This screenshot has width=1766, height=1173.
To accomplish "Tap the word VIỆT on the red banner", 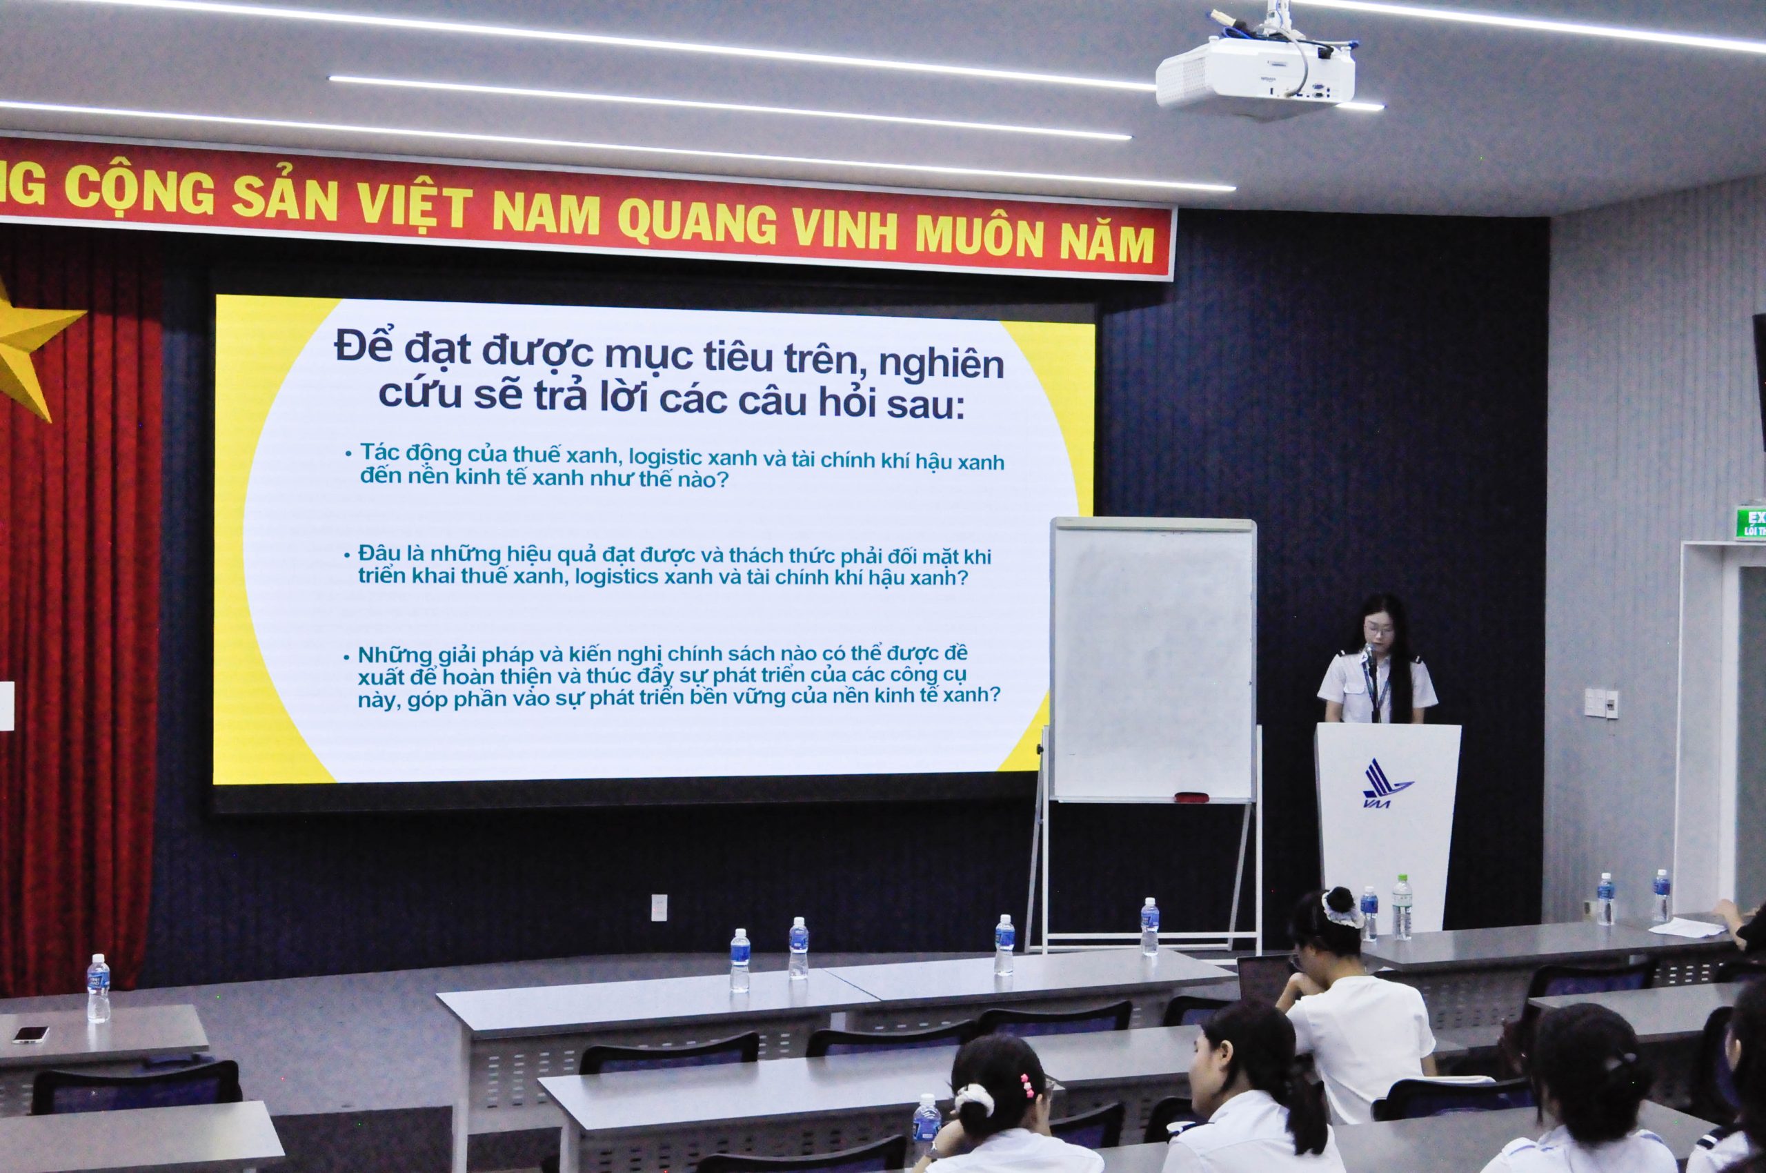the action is pyautogui.click(x=414, y=202).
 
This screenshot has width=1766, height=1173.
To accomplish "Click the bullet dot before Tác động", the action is pyautogui.click(x=348, y=454).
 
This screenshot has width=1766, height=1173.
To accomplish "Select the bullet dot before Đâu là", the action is pyautogui.click(x=347, y=555).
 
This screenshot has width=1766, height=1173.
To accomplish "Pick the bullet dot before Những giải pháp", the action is pyautogui.click(x=346, y=658).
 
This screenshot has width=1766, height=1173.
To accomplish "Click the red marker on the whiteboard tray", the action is pyautogui.click(x=1191, y=797).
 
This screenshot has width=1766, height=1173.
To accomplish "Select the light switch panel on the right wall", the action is pyautogui.click(x=1600, y=704).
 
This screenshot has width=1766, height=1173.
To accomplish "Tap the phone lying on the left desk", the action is pyautogui.click(x=30, y=1034).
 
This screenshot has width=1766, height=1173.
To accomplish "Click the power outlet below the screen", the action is pyautogui.click(x=659, y=907).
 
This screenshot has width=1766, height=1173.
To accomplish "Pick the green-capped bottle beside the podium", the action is pyautogui.click(x=1402, y=907).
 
